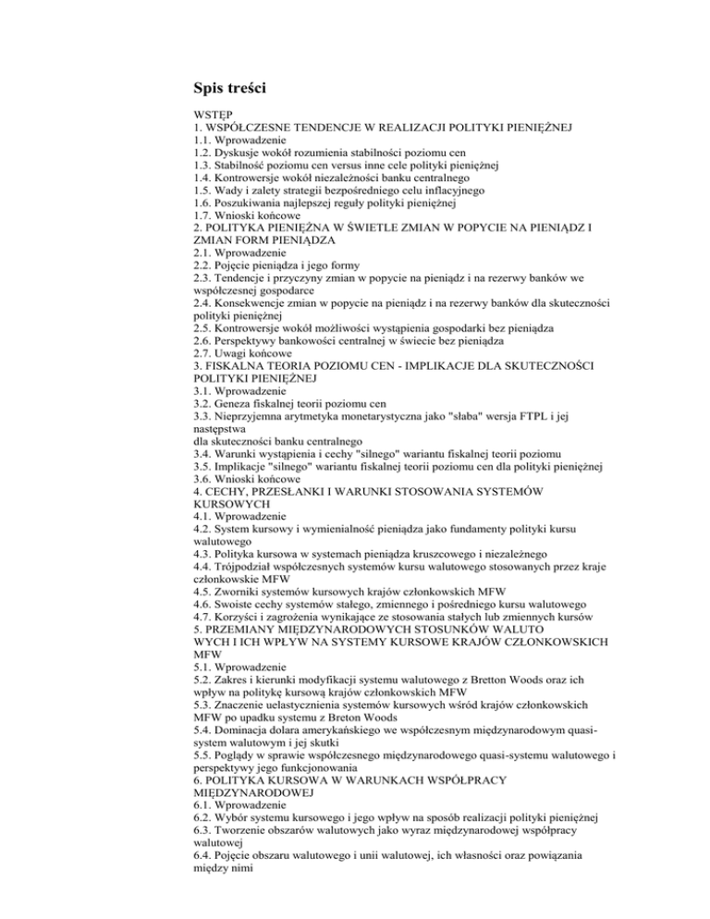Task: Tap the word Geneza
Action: coord(229,435)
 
